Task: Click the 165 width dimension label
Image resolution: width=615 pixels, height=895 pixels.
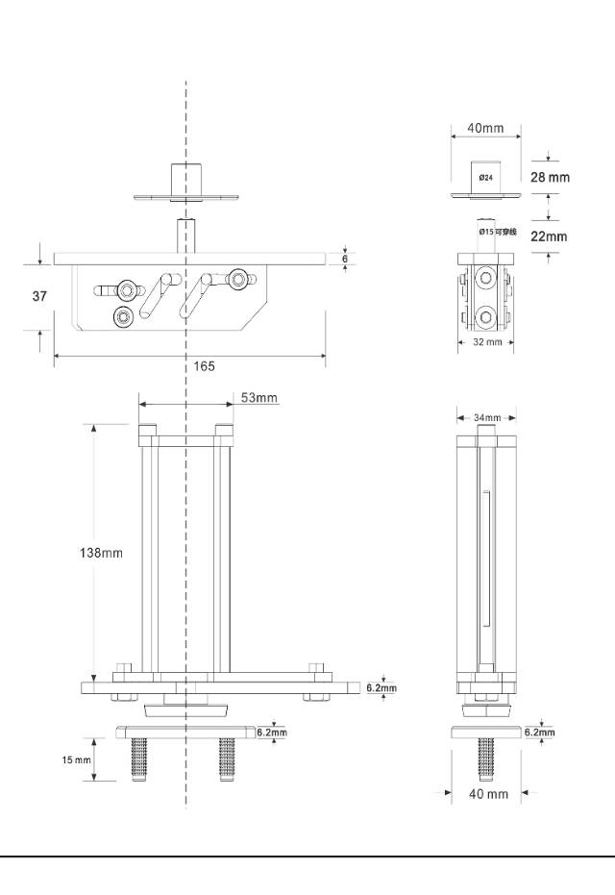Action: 204,366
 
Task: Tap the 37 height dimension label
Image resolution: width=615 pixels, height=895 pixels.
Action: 39,296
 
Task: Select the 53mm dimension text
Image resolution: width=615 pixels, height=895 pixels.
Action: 259,397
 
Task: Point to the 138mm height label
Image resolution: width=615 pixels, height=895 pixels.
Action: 101,553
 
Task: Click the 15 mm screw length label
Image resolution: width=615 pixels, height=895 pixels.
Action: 77,759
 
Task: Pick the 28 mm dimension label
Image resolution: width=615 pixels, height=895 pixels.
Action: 550,177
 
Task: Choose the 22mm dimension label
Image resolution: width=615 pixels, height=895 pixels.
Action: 549,236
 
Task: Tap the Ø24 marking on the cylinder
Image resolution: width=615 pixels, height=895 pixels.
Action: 485,178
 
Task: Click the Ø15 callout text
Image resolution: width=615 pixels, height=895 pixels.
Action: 498,232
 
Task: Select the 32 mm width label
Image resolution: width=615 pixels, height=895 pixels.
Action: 487,342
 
